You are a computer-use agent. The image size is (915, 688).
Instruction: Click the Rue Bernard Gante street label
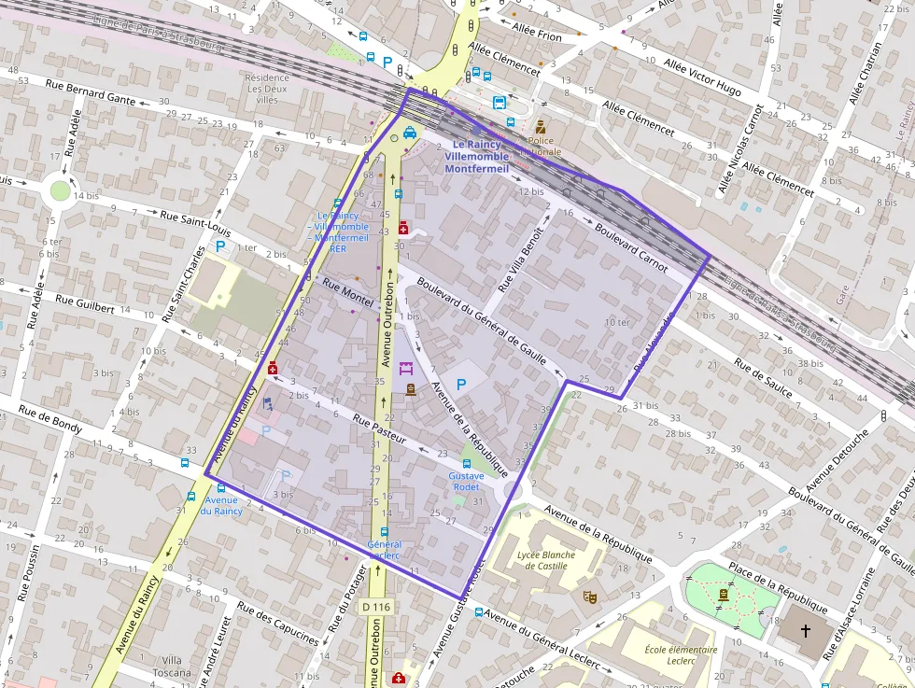[x=91, y=93]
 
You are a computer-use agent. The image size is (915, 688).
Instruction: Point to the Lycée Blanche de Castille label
[x=545, y=560]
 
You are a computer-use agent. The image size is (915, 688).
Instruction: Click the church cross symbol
[x=806, y=631]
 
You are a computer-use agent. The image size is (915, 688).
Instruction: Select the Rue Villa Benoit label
[x=524, y=257]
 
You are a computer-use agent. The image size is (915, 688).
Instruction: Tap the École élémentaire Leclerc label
[x=682, y=655]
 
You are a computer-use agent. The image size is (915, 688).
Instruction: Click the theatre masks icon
[x=589, y=595]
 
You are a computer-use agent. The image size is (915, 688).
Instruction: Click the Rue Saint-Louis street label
[x=195, y=222]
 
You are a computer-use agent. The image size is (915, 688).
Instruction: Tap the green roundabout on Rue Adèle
[x=61, y=190]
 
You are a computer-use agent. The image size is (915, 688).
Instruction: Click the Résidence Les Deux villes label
[x=267, y=88]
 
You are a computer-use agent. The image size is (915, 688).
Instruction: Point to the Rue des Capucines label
[x=277, y=622]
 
